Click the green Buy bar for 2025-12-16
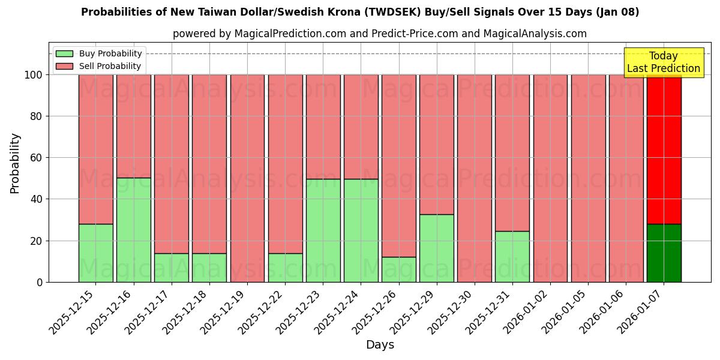point(133,230)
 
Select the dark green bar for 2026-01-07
point(664,253)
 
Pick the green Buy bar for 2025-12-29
point(436,248)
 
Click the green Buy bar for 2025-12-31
point(512,256)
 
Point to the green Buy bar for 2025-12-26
point(398,269)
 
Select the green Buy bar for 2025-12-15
point(95,253)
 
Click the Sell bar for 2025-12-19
point(247,178)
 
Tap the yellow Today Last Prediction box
point(663,62)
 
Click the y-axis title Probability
point(15,163)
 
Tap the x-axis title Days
point(380,345)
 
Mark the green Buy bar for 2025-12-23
point(323,230)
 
